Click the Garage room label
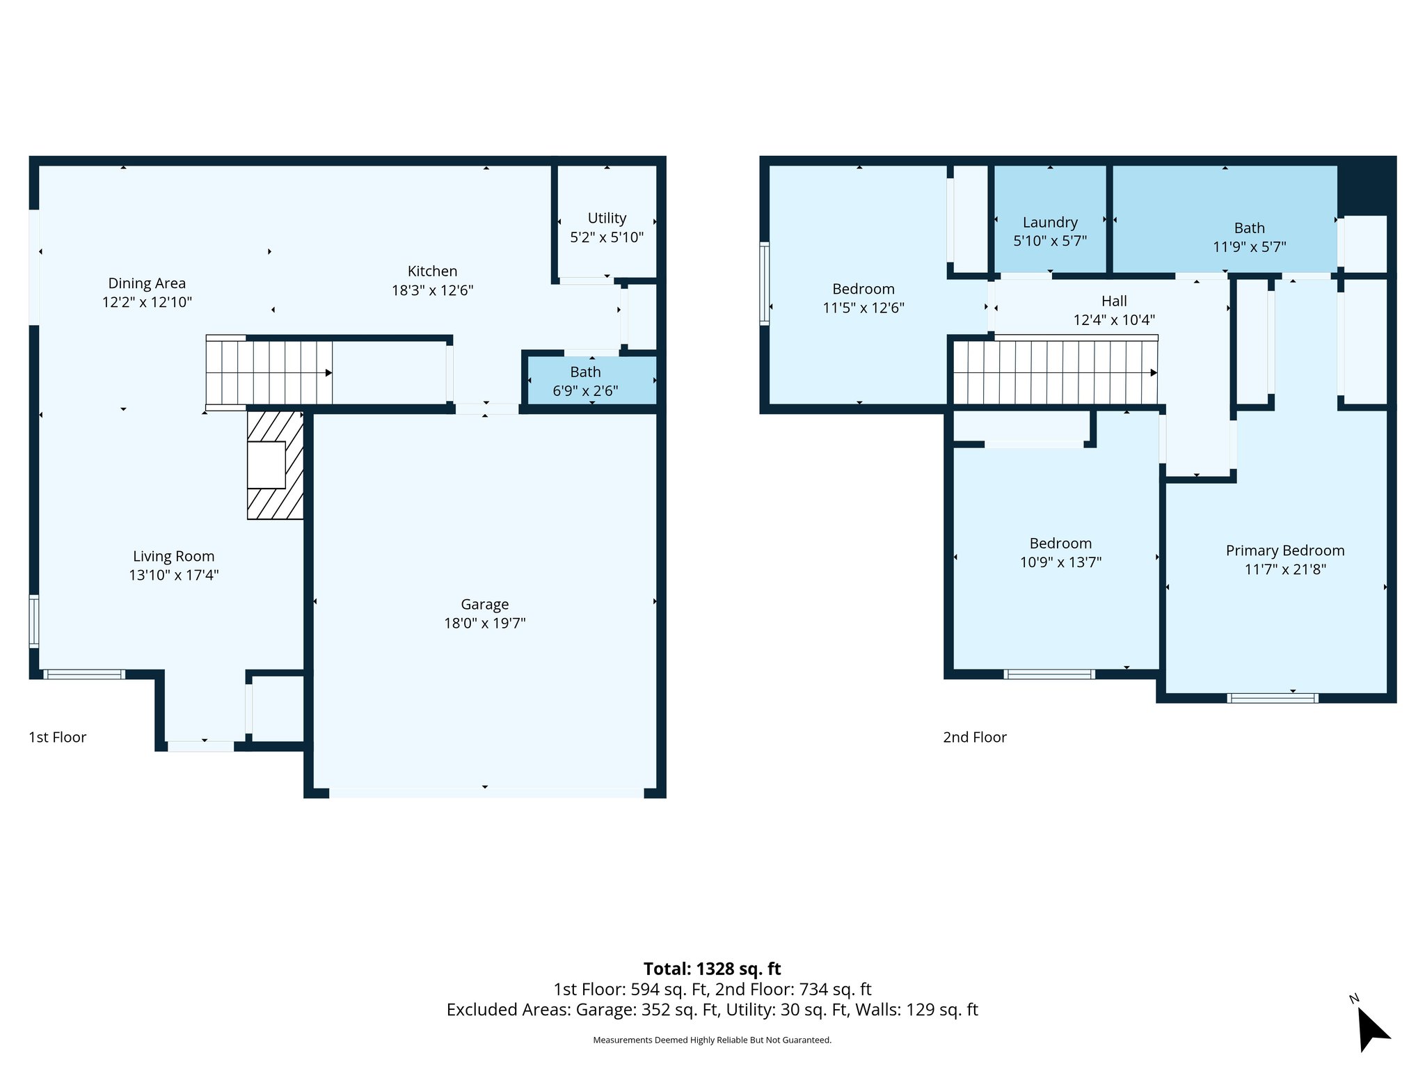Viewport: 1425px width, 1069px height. coord(484,604)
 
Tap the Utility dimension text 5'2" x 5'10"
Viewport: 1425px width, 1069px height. coord(607,237)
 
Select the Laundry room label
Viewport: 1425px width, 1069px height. coord(1050,222)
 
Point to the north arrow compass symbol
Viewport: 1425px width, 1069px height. coord(1371,1027)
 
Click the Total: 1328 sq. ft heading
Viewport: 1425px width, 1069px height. coord(712,969)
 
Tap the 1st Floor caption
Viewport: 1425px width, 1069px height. coord(57,737)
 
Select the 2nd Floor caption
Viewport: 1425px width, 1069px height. coord(974,737)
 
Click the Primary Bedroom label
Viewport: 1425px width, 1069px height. coord(1284,551)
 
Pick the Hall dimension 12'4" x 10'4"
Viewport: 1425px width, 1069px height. coord(1113,320)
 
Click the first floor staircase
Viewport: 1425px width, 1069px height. coord(269,372)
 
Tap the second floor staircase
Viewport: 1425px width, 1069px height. coord(1054,372)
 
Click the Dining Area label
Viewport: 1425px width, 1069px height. coord(147,283)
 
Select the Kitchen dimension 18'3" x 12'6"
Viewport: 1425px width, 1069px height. coord(432,290)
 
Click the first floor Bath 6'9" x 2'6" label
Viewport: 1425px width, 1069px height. coord(585,372)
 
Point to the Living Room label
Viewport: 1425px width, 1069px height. coord(173,556)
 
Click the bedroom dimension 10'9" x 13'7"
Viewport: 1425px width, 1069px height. coord(1060,562)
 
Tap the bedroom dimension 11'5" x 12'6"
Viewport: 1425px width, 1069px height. coord(863,308)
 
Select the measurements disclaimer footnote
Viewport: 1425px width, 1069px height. coord(712,1040)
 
